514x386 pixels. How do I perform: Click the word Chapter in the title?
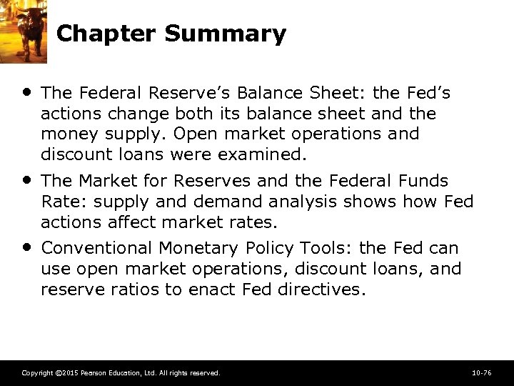(x=104, y=34)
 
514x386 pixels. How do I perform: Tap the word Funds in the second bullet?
(x=422, y=181)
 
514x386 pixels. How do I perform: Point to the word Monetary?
(x=193, y=248)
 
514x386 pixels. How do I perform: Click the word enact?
(x=211, y=289)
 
